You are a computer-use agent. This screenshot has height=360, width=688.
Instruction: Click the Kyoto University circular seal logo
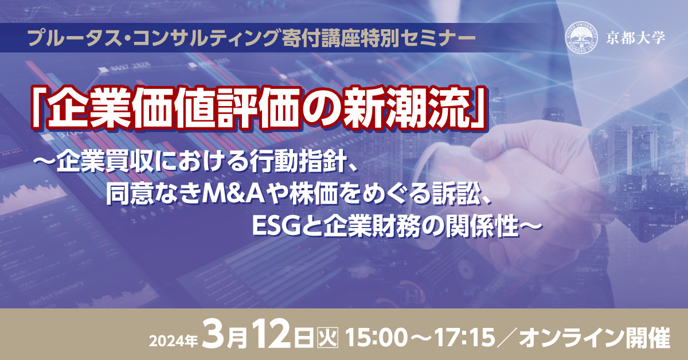pos(582,38)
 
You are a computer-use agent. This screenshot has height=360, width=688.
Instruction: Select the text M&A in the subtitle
pos(233,194)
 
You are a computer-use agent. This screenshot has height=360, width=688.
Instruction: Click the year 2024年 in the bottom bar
pos(174,341)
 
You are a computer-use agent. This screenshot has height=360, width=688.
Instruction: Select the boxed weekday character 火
pos(328,338)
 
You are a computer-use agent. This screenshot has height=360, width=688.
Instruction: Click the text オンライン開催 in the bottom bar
pos(595,338)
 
